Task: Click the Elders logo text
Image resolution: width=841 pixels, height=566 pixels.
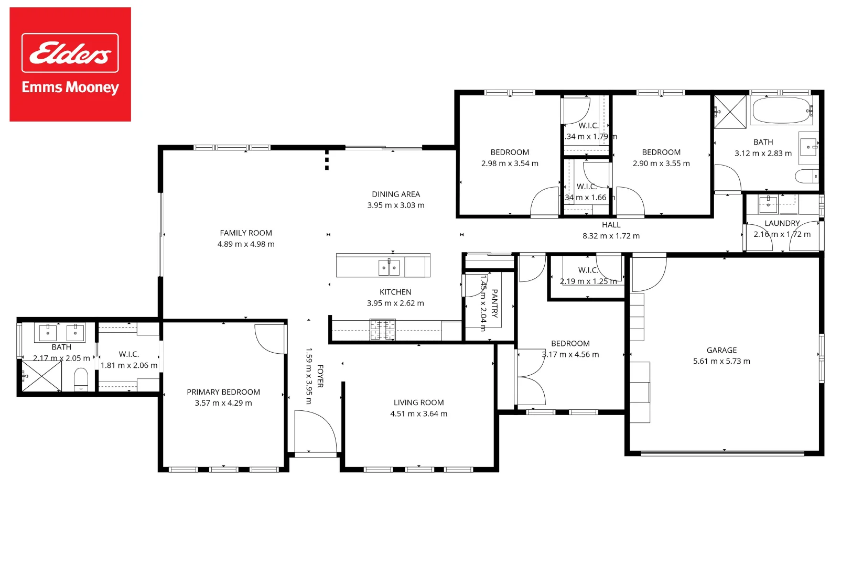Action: click(x=70, y=53)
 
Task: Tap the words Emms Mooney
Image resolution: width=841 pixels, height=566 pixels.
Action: click(x=70, y=87)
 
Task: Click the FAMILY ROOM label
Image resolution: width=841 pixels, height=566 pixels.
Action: click(x=246, y=233)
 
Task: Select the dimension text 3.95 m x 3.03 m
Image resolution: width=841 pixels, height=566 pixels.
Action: click(x=396, y=205)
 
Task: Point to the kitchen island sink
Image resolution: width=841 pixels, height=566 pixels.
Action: click(x=389, y=267)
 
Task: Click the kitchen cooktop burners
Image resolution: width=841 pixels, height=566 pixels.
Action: click(x=383, y=330)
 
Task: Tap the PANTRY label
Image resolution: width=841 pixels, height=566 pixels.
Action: click(x=494, y=303)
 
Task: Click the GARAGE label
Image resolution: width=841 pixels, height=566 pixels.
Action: click(x=721, y=350)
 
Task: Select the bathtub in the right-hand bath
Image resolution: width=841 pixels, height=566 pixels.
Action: click(x=781, y=111)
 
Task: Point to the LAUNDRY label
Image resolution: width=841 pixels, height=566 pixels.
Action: click(x=782, y=223)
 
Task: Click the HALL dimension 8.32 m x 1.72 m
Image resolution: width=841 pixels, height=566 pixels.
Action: click(x=611, y=236)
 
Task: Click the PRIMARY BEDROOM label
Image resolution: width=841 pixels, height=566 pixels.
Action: click(x=223, y=392)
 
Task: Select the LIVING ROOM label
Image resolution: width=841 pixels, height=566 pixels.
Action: click(x=418, y=402)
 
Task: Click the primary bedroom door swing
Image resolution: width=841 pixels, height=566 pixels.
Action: click(x=270, y=339)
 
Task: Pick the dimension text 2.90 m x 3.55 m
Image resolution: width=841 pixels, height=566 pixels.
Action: click(x=661, y=164)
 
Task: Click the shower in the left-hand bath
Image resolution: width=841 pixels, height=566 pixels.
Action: click(x=41, y=376)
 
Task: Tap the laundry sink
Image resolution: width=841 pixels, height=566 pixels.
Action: click(x=768, y=204)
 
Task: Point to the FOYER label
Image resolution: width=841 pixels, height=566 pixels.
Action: click(x=320, y=376)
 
